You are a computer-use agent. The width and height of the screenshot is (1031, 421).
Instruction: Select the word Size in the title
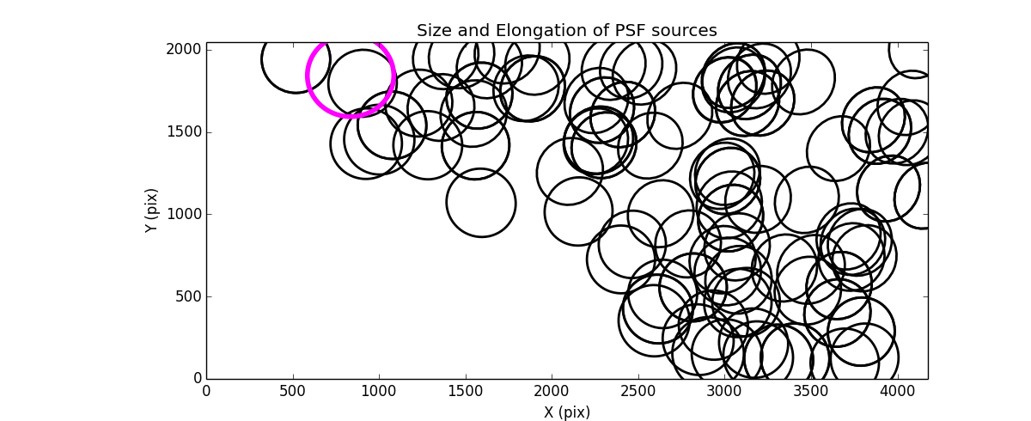pyautogui.click(x=435, y=31)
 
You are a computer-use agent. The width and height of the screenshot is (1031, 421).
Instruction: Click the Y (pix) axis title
pyautogui.click(x=151, y=210)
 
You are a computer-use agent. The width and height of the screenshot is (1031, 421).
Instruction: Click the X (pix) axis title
pyautogui.click(x=567, y=412)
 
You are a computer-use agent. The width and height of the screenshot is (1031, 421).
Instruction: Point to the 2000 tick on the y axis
pyautogui.click(x=184, y=50)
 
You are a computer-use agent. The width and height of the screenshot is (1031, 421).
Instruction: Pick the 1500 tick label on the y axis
pyautogui.click(x=184, y=131)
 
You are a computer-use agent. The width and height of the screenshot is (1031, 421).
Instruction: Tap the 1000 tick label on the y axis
pyautogui.click(x=184, y=214)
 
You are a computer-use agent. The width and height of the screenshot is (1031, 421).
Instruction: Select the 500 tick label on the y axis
pyautogui.click(x=188, y=296)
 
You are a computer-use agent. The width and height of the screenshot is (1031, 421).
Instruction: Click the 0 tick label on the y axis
pyautogui.click(x=197, y=379)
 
